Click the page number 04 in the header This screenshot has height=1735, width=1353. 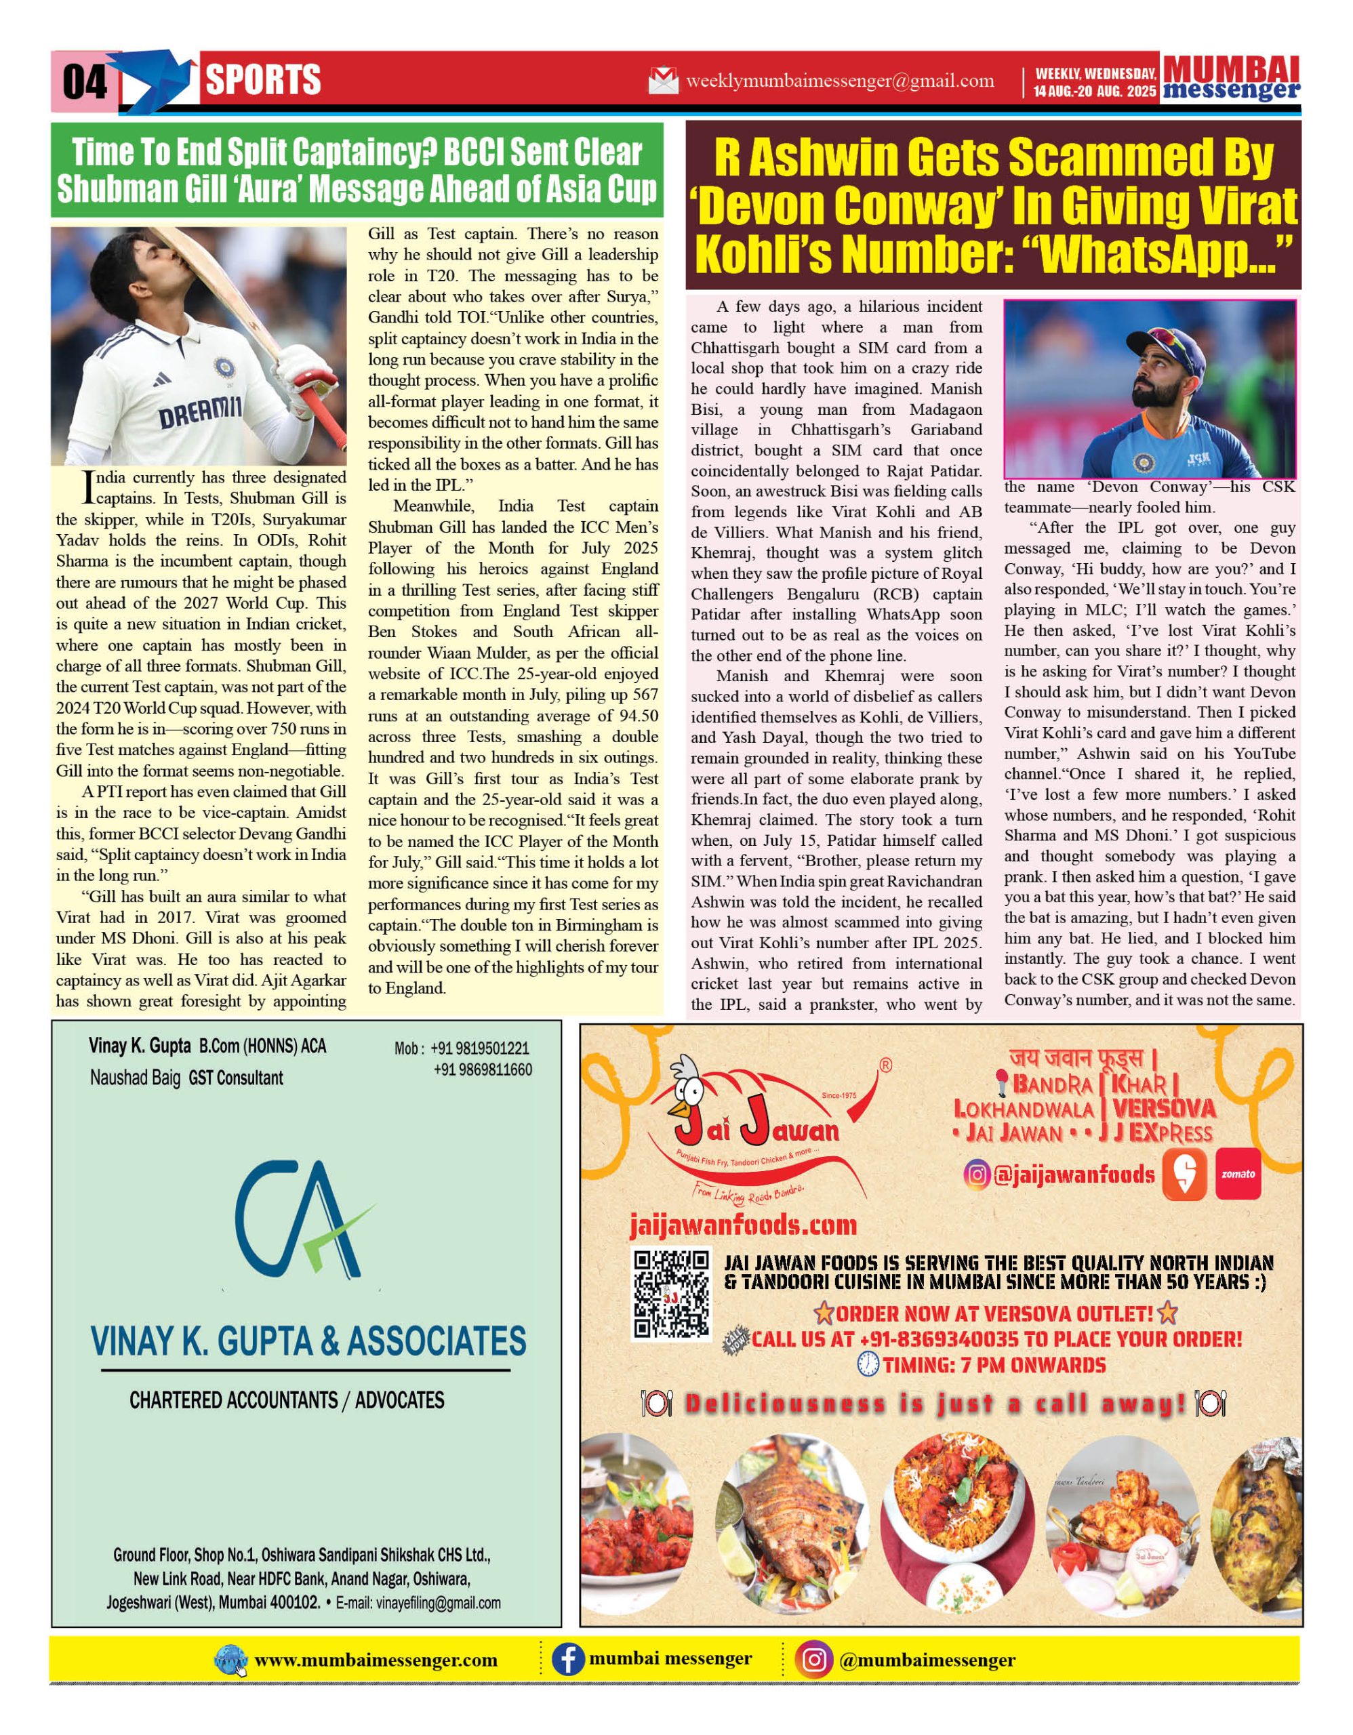tap(84, 81)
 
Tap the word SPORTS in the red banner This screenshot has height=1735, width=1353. tap(263, 80)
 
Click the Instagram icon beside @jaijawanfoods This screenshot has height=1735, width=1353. tap(977, 1174)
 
